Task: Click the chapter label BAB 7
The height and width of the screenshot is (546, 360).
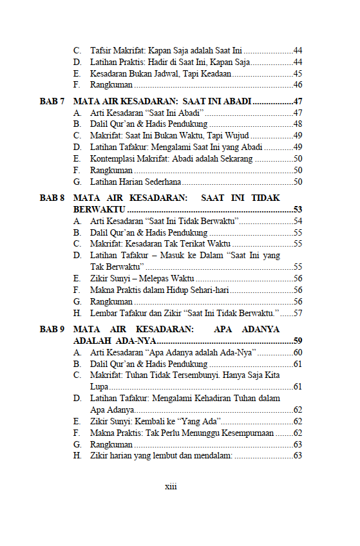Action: (52, 102)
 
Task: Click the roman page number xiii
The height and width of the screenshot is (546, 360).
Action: (171, 486)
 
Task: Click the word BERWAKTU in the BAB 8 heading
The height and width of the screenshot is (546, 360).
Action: (100, 210)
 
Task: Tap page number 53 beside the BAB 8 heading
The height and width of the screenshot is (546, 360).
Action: (298, 210)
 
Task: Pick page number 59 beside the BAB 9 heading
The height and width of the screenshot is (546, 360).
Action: (298, 341)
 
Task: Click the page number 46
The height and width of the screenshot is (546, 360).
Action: (298, 85)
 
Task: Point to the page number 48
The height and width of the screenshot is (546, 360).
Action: (298, 124)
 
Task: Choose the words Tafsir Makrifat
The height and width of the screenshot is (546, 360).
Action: (114, 50)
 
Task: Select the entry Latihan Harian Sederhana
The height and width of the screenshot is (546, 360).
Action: (135, 182)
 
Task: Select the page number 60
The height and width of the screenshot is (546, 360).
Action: (298, 352)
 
